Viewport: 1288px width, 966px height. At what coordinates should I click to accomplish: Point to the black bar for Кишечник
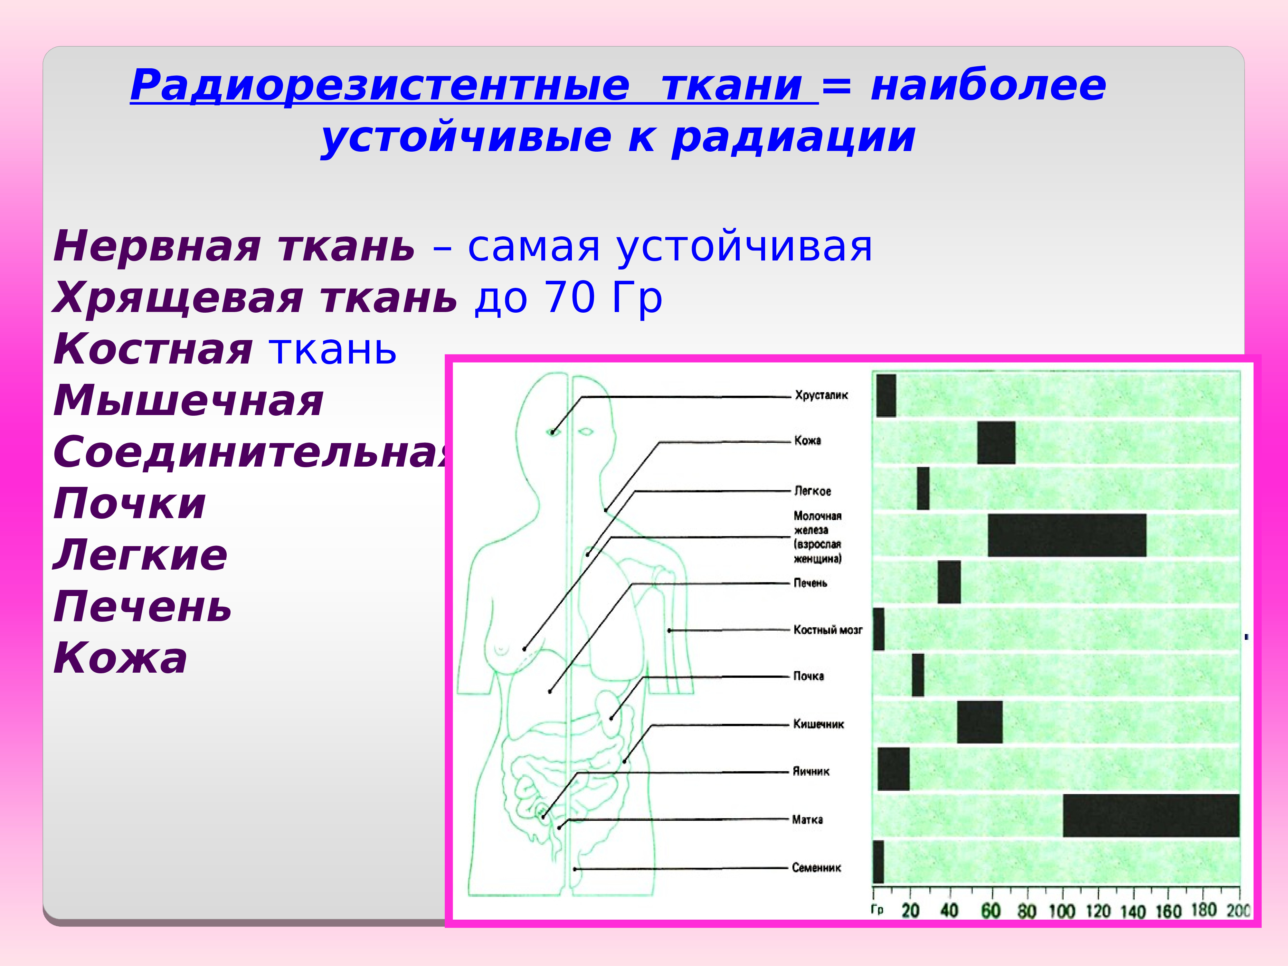point(980,722)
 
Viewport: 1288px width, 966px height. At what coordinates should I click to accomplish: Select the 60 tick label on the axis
point(990,911)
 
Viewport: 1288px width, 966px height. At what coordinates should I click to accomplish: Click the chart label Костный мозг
point(828,630)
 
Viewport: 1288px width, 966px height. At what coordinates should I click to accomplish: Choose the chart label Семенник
point(816,867)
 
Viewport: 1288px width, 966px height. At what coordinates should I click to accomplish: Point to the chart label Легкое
point(812,491)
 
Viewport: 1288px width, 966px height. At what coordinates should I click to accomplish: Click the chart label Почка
point(809,676)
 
